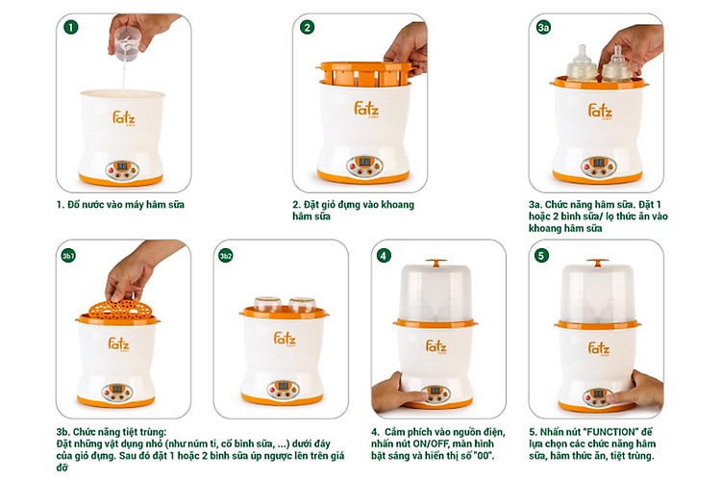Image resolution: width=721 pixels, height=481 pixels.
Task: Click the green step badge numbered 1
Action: point(70,27)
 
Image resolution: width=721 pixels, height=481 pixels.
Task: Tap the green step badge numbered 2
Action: point(308,27)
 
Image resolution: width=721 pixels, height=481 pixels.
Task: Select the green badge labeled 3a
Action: point(543,27)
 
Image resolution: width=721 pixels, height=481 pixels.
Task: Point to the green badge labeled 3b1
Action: point(68,256)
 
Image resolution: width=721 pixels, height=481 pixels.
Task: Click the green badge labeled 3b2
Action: point(225,256)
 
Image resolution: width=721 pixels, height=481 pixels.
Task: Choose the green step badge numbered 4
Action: point(384,256)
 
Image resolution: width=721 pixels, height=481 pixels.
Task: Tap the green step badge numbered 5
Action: point(541,256)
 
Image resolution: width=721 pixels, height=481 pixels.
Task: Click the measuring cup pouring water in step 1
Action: point(127,42)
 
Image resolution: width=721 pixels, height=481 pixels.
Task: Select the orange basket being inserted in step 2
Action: point(365,74)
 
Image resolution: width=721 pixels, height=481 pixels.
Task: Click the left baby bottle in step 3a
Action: point(582,64)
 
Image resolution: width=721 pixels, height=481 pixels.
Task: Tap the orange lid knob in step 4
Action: point(435,263)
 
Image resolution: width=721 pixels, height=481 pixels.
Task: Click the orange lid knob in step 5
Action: point(597,263)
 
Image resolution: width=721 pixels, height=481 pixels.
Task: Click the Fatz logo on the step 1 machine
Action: point(124,117)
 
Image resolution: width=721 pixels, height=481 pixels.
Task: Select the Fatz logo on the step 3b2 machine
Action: point(285,339)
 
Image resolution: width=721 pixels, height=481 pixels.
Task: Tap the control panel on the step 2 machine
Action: point(364,166)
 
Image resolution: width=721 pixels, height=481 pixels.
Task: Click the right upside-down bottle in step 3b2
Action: point(302,305)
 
